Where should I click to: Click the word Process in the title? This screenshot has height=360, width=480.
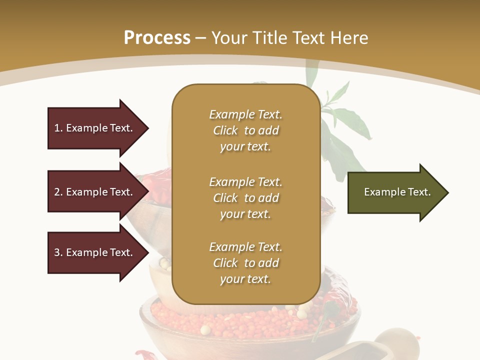coord(157,38)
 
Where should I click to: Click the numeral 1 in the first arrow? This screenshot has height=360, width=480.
coord(57,128)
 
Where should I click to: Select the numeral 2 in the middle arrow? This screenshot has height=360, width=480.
coord(57,192)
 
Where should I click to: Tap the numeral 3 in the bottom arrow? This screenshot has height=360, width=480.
coord(57,252)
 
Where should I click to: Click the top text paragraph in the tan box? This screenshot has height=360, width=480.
coord(245,130)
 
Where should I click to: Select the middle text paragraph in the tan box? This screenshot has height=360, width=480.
coord(245,198)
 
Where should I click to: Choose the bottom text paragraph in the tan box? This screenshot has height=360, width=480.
coord(245,263)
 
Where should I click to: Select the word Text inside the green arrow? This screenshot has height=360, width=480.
coord(419,192)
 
